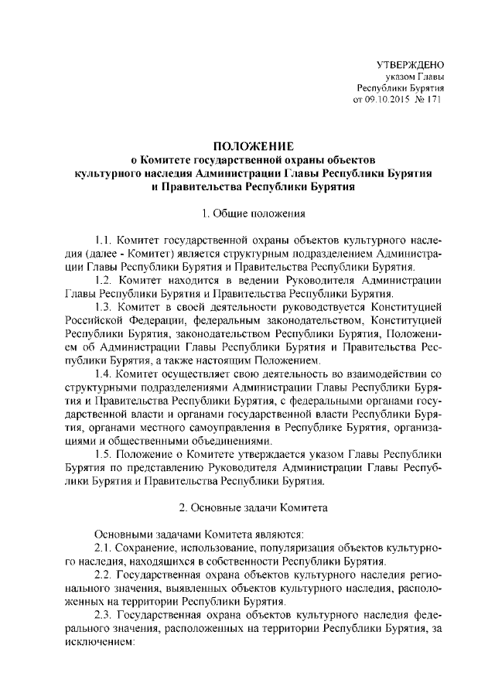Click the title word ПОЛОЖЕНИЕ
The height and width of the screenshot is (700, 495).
tap(253, 147)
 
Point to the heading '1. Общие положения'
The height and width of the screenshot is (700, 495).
tap(253, 212)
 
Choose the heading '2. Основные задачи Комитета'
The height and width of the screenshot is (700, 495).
tap(253, 508)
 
